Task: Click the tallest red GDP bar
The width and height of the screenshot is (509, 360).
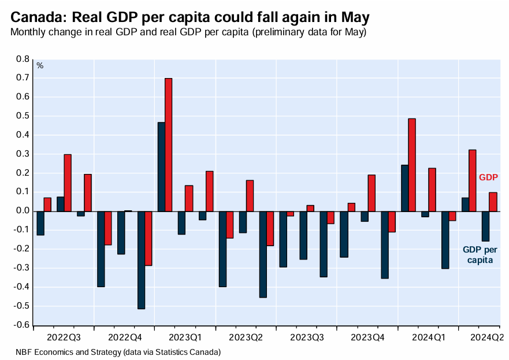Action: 168,144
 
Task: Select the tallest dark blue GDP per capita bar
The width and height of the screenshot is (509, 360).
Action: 161,166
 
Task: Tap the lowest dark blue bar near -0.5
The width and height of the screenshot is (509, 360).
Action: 141,260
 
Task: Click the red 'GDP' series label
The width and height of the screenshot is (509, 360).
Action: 488,177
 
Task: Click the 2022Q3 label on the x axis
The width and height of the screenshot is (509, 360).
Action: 64,336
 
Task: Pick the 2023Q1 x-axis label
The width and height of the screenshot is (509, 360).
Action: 185,336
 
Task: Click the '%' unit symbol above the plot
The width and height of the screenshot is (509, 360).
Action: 40,65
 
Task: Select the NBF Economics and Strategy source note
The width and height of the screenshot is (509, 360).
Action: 118,351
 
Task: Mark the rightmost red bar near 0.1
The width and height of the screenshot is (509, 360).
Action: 493,202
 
